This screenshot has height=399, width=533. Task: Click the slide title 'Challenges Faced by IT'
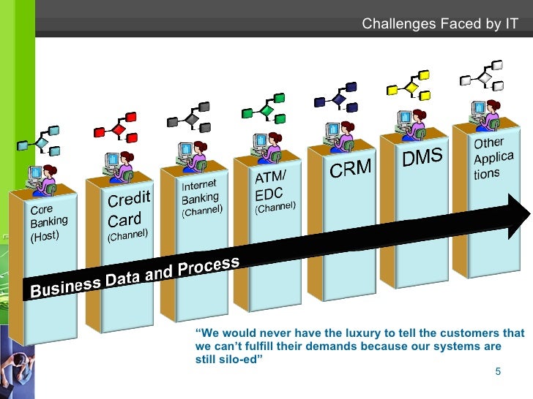[x=440, y=25]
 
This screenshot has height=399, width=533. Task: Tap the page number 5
[x=498, y=372]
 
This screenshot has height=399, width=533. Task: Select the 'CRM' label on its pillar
[x=350, y=170]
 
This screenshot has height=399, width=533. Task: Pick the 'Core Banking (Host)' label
[x=48, y=222]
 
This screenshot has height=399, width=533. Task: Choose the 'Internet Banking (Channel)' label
[x=201, y=196]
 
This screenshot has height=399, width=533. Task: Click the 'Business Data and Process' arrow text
[x=135, y=278]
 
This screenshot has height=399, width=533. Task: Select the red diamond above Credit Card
[x=119, y=129]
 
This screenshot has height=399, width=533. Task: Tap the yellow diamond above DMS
[x=411, y=88]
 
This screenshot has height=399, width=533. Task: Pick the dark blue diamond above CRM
[x=338, y=99]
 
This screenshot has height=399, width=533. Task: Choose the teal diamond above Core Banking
[x=42, y=142]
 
